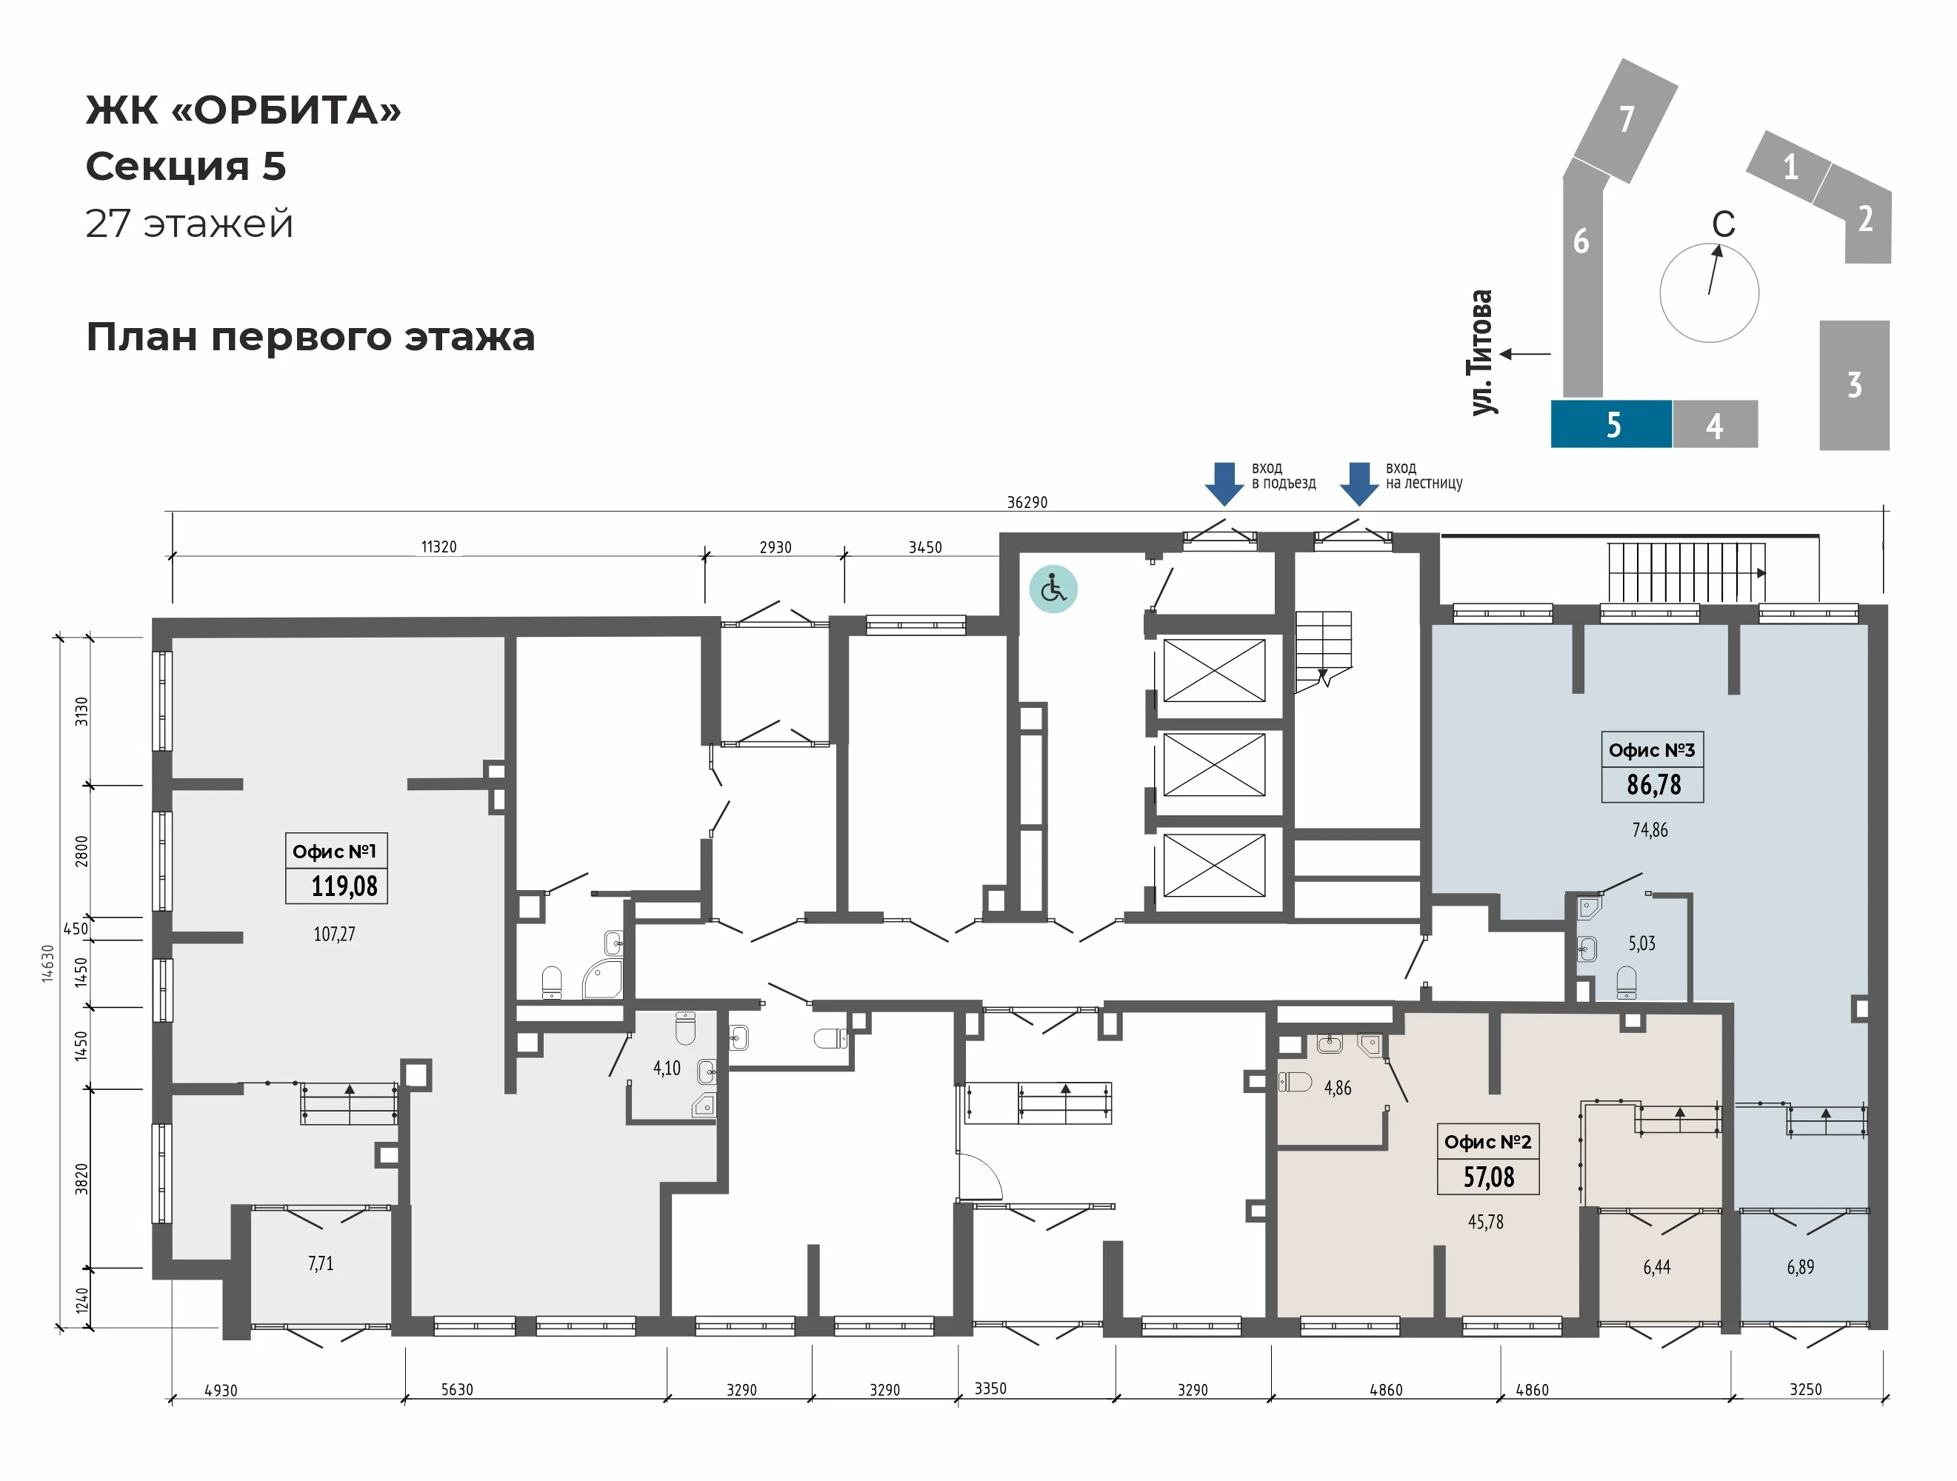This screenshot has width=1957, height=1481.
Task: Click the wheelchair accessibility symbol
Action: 1053,589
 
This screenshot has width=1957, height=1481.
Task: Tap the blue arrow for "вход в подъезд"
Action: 1224,483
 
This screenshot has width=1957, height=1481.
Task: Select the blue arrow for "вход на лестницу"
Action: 1359,483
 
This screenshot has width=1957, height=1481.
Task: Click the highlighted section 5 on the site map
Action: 1611,424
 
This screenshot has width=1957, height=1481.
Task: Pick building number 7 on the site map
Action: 1625,119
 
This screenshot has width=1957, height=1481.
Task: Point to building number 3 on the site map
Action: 1854,385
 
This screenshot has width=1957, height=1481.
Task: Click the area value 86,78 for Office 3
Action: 1653,785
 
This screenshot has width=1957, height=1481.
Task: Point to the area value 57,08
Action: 1488,1177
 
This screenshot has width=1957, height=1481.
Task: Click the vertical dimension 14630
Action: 47,963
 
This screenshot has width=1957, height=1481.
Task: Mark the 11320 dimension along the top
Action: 439,546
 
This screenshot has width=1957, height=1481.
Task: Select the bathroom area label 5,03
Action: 1641,943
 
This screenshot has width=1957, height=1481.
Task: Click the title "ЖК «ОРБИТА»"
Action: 243,110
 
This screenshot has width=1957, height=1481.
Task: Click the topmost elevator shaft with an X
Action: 1214,669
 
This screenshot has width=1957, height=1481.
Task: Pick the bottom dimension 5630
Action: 458,1389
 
